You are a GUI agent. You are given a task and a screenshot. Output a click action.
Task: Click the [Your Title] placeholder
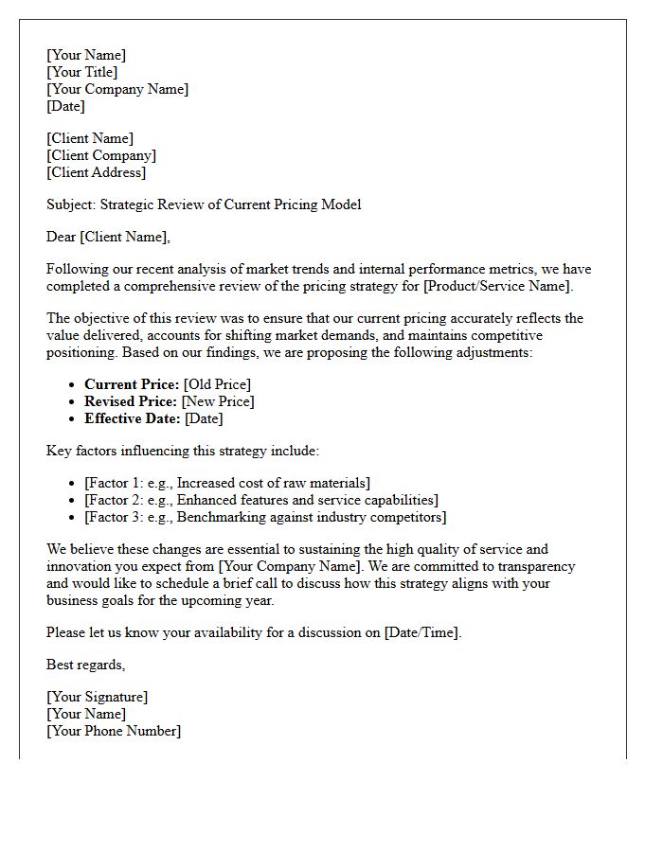tap(81, 72)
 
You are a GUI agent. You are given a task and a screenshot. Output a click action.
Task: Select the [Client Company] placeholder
tap(101, 155)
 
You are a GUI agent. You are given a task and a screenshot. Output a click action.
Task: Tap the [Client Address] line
tap(97, 172)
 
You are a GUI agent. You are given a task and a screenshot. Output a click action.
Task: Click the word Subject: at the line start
tap(71, 204)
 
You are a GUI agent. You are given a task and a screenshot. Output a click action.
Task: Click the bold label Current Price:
tap(132, 384)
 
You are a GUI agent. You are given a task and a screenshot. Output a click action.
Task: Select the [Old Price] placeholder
tap(217, 384)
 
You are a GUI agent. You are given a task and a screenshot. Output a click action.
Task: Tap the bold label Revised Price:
tap(131, 401)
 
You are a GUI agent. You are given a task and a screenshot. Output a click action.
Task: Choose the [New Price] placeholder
tap(218, 401)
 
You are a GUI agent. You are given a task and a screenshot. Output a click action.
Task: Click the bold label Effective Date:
tap(133, 418)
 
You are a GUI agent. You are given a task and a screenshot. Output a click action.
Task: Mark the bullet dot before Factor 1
tap(73, 484)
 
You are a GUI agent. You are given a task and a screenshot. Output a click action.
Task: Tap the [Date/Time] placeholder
tap(421, 632)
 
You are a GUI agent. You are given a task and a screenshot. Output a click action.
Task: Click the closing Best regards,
tap(85, 665)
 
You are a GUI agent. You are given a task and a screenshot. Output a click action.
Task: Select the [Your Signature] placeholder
tap(97, 697)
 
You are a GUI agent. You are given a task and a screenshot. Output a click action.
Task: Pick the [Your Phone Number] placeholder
tap(114, 731)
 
